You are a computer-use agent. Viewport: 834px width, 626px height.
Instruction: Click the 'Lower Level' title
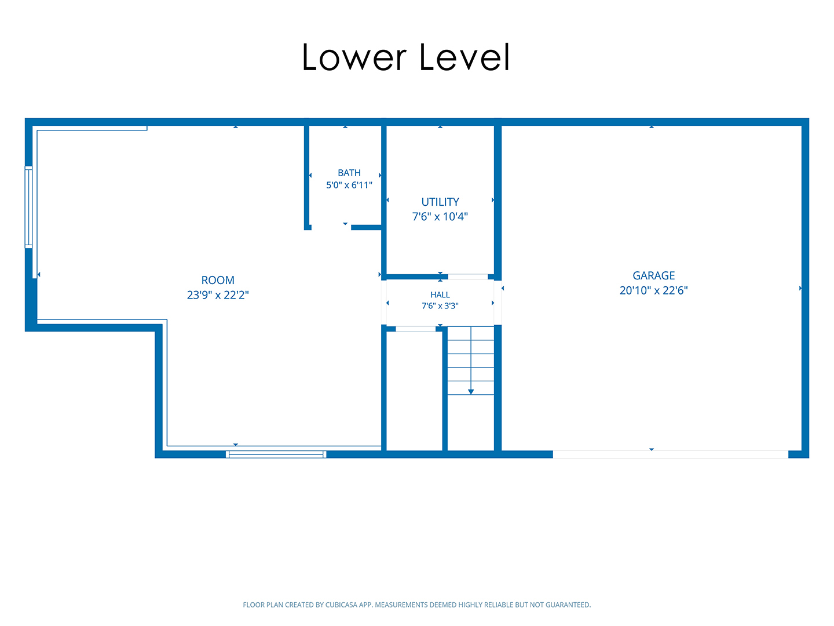[405, 57]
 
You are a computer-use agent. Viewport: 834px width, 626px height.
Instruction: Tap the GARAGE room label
[653, 275]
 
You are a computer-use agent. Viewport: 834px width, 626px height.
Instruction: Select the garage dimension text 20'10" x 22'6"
[653, 290]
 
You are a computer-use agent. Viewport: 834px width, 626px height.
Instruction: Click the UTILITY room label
[440, 202]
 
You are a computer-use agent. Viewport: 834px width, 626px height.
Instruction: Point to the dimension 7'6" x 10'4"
[440, 217]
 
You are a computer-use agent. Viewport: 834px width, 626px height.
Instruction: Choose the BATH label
[349, 173]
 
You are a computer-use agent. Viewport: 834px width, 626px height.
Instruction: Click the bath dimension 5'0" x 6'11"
[349, 185]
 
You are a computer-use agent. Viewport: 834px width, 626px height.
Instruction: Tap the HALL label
[440, 295]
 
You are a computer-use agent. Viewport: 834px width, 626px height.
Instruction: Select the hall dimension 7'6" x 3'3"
[440, 306]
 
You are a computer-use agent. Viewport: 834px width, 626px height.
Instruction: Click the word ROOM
[218, 280]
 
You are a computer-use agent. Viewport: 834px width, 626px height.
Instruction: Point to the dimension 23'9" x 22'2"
[218, 295]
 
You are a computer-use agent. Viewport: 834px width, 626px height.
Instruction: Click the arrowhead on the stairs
[471, 392]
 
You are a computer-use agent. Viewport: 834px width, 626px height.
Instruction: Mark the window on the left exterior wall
[28, 207]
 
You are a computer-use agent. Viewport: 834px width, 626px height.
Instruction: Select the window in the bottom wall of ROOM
[276, 454]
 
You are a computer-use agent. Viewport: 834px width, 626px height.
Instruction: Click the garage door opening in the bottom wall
[670, 454]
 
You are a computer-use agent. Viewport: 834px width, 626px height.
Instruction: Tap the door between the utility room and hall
[468, 276]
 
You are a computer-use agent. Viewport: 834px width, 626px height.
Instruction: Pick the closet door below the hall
[416, 329]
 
